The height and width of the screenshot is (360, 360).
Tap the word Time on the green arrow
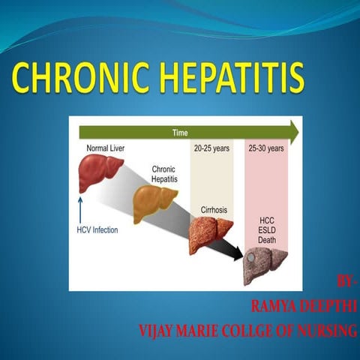pyautogui.click(x=180, y=133)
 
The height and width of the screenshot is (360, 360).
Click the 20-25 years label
pyautogui.click(x=211, y=148)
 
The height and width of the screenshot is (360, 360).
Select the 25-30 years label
pyautogui.click(x=265, y=148)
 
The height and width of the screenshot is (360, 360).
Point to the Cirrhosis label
pyautogui.click(x=213, y=211)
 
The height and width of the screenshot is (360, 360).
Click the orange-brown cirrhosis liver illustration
pyautogui.click(x=210, y=234)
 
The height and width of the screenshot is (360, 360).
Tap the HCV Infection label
pyautogui.click(x=98, y=229)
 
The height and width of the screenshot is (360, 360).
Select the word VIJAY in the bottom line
pyautogui.click(x=159, y=329)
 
